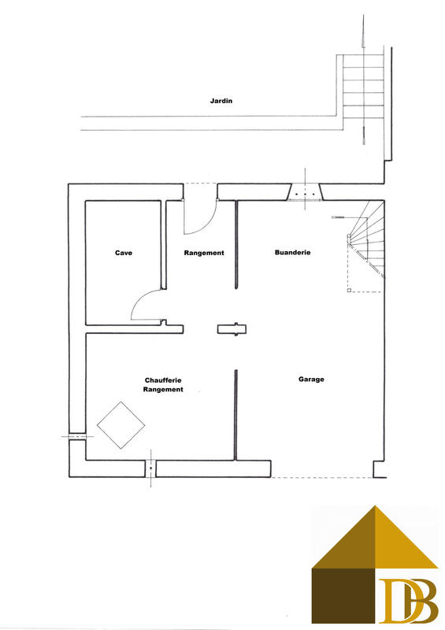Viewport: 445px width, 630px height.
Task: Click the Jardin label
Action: [x=221, y=101]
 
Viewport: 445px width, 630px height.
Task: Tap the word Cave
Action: [x=124, y=253]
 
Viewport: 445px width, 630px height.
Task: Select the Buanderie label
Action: [x=292, y=253]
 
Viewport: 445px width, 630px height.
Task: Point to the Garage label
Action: [x=311, y=379]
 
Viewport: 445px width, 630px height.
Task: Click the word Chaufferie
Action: [x=164, y=379]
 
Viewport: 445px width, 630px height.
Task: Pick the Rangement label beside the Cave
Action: [x=204, y=253]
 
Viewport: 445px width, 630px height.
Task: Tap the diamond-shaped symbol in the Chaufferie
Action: [x=121, y=425]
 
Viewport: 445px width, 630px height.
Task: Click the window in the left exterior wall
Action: [x=76, y=435]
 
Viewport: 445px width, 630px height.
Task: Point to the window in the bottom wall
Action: [x=150, y=469]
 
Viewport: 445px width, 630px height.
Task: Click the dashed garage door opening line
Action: [x=323, y=477]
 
